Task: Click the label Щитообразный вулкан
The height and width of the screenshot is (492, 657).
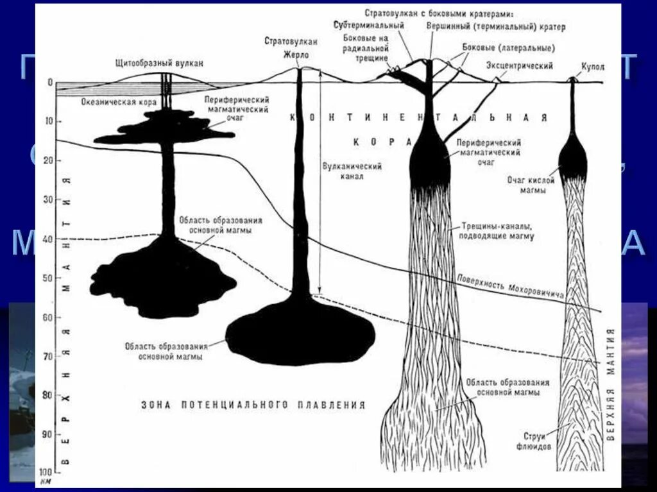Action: (x=160, y=64)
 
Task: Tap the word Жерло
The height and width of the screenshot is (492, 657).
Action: (x=296, y=55)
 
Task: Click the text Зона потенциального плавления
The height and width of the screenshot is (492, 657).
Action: (x=253, y=405)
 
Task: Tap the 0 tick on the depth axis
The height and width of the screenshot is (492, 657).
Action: (x=50, y=82)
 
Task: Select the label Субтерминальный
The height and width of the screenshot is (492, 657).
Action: (x=368, y=25)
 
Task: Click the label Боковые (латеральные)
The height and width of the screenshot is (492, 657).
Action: (x=509, y=47)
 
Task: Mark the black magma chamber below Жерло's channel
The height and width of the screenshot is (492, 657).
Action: (x=300, y=333)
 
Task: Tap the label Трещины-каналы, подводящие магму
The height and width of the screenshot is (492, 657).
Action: (x=497, y=232)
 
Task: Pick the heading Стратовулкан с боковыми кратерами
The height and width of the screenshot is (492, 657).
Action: (x=443, y=13)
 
